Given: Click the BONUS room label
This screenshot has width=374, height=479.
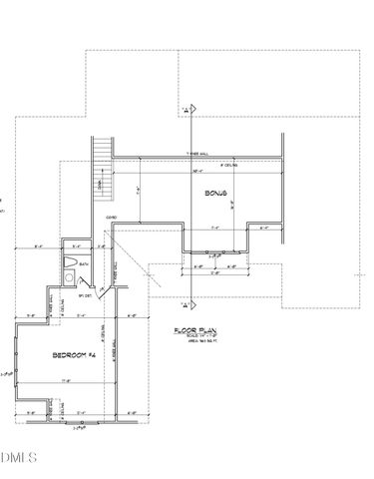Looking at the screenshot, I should click(216, 193).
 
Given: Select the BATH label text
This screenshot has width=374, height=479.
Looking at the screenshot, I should click(84, 264).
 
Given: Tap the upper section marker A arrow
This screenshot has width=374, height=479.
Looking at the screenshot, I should click(185, 109).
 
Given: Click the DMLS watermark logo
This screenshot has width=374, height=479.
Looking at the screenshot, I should click(17, 458).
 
